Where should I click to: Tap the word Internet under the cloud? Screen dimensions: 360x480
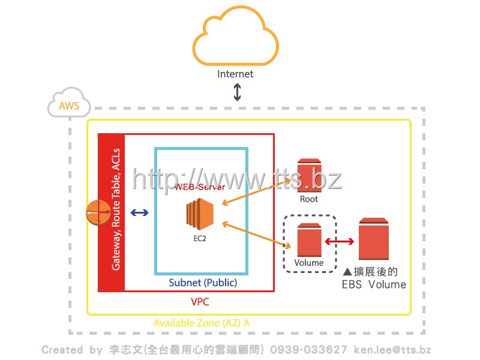[235, 74]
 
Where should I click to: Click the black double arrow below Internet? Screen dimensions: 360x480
[237, 92]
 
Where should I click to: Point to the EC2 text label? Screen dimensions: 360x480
[200, 238]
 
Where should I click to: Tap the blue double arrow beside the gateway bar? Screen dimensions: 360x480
[140, 212]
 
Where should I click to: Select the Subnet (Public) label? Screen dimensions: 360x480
[203, 283]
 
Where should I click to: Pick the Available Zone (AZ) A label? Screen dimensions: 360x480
[201, 323]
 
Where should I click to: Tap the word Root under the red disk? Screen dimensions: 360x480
[309, 199]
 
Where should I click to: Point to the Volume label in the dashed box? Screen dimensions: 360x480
[309, 263]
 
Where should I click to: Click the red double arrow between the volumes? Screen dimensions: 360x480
[339, 241]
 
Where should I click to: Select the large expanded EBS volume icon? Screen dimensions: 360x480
[374, 239]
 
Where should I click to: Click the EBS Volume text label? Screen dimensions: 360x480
[374, 284]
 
